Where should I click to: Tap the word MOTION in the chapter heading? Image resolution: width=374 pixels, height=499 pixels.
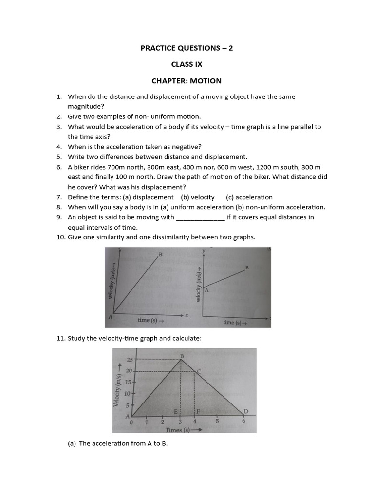(x=206, y=80)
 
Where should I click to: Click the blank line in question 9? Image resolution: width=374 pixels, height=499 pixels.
(x=200, y=217)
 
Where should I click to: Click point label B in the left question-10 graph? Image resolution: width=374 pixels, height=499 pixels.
(x=160, y=254)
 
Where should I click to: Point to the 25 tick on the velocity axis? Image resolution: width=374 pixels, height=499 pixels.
(x=130, y=360)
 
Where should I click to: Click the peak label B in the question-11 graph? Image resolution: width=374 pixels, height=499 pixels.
(x=182, y=356)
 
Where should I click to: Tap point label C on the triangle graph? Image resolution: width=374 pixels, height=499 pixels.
(x=199, y=371)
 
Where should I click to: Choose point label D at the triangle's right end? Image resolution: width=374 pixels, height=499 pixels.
(x=246, y=411)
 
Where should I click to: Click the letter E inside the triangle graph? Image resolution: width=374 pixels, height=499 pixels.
(x=176, y=412)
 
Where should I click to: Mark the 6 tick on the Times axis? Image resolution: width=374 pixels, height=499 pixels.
(x=243, y=422)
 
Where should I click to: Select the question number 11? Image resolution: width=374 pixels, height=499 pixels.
(x=60, y=338)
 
